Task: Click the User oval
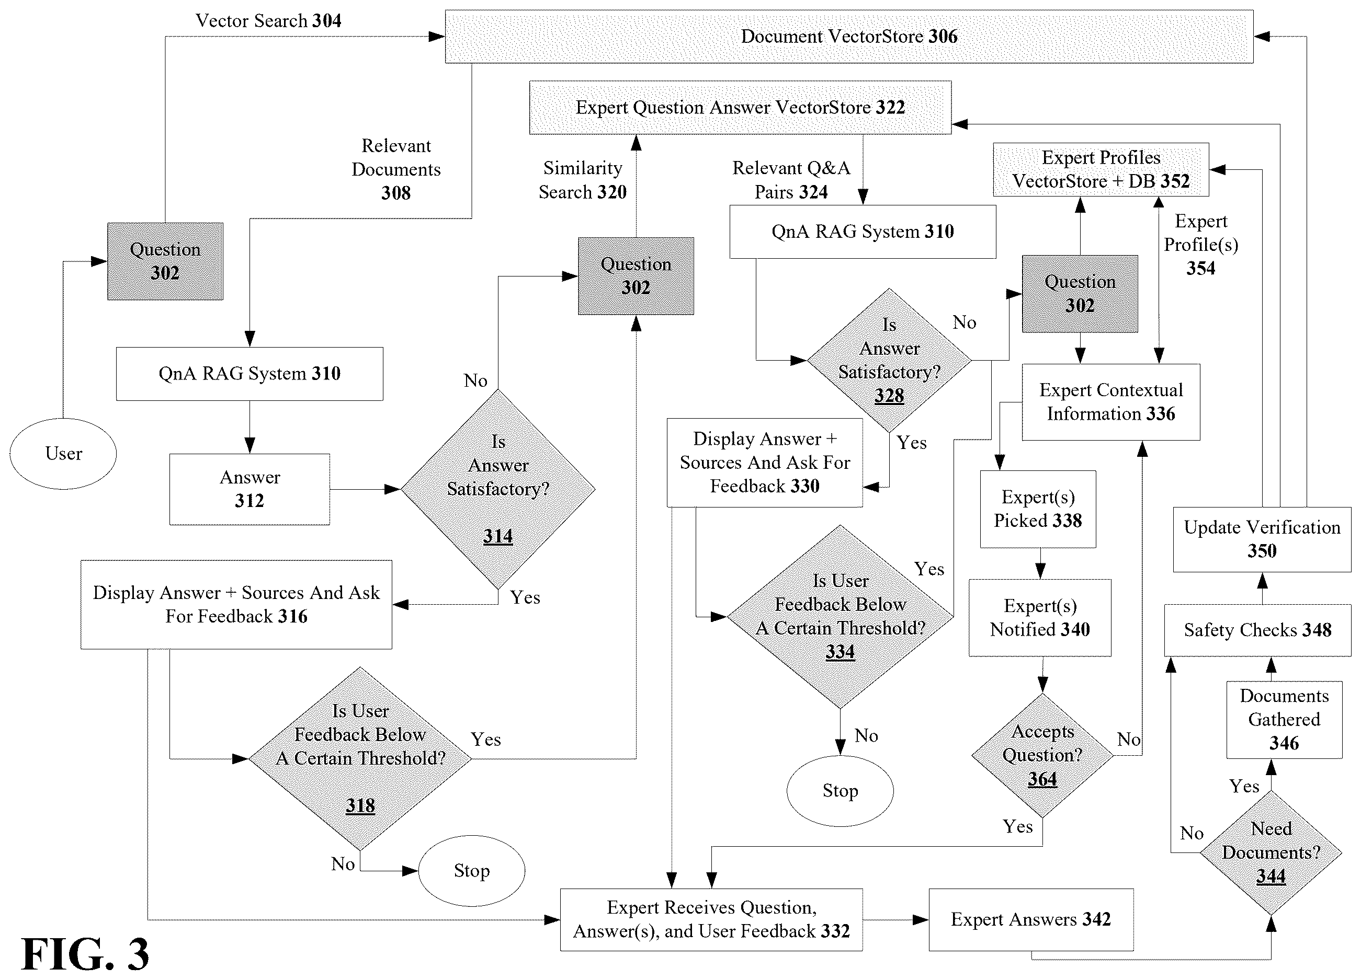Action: [63, 454]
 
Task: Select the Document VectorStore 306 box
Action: [849, 36]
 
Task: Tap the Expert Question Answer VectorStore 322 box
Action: [740, 107]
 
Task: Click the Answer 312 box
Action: [249, 489]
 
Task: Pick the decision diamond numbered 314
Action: [498, 489]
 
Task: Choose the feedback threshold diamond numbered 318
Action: [360, 759]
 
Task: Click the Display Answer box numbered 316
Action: [236, 605]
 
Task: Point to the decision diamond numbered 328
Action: [889, 361]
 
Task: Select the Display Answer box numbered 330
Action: [765, 463]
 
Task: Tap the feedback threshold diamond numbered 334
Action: [840, 617]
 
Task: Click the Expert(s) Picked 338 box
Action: [1038, 509]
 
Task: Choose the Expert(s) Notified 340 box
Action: [1040, 618]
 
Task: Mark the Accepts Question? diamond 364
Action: [1042, 756]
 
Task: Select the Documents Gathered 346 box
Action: [1284, 720]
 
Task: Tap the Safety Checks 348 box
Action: [1258, 630]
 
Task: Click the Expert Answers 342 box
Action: [1031, 919]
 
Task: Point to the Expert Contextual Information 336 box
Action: [1112, 402]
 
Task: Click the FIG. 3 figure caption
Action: [85, 954]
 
